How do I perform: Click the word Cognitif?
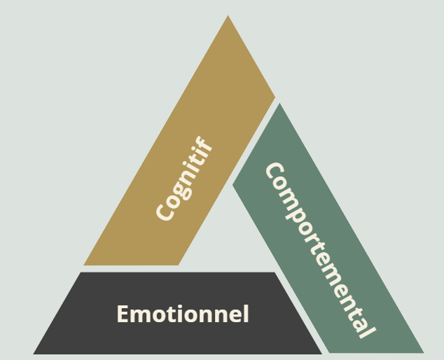click(184, 181)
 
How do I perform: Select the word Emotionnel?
click(183, 314)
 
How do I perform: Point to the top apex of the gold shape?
click(228, 16)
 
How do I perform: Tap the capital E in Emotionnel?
click(122, 314)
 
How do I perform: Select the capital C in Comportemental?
click(272, 172)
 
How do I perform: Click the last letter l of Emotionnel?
click(246, 313)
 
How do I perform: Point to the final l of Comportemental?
click(364, 331)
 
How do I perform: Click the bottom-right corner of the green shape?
click(423, 352)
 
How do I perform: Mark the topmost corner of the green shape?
click(279, 104)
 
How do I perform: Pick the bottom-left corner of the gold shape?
click(84, 265)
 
